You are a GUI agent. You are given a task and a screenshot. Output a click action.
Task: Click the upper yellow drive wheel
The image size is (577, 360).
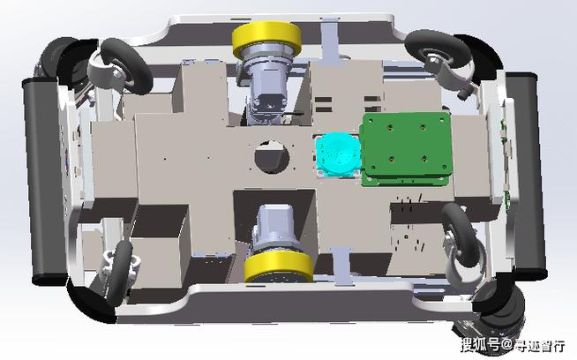pyautogui.click(x=266, y=39)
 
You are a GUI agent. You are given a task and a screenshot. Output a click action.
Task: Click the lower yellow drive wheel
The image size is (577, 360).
pyautogui.click(x=279, y=266)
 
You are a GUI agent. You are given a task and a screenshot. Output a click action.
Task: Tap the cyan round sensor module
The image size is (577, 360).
pyautogui.click(x=338, y=154)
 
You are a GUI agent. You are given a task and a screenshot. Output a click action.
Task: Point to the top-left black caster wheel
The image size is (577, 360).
pyautogui.click(x=126, y=66)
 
